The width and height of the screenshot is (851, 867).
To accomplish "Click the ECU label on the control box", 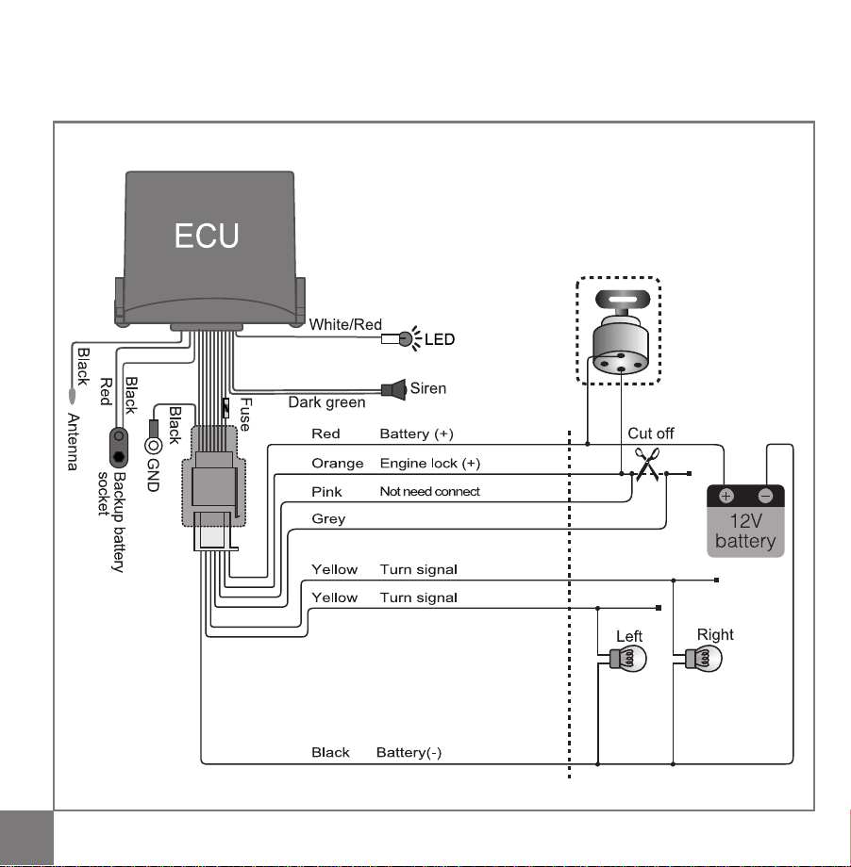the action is [207, 237].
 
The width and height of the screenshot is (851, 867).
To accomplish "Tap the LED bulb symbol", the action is [406, 338].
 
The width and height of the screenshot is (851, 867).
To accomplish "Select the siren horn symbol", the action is [393, 389].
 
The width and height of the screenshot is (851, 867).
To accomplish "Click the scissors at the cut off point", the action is [647, 464].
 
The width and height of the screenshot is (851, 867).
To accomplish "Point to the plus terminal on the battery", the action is [726, 496].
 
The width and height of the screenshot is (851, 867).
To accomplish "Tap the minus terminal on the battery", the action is [766, 496].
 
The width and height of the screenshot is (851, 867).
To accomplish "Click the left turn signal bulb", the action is [627, 659].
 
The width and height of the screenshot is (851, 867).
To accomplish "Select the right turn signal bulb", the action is [703, 659].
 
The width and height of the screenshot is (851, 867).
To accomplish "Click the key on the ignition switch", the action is [623, 299].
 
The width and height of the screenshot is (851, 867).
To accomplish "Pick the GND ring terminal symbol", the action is [153, 445].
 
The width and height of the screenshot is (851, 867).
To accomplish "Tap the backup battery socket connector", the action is [119, 448].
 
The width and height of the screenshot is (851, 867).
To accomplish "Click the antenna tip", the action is [72, 396].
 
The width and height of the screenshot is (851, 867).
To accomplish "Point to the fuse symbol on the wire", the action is [225, 408].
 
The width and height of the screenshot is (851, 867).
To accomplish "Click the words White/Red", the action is [345, 324].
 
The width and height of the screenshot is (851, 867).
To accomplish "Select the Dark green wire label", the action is [326, 402].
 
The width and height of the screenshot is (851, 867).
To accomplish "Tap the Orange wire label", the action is [337, 464].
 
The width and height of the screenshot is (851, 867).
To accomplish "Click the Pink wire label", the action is [326, 492].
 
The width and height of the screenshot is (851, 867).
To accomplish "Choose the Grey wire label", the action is [328, 519].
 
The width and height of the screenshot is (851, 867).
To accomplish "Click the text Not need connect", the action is [429, 492].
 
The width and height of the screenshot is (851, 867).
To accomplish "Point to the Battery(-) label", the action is [409, 753].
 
